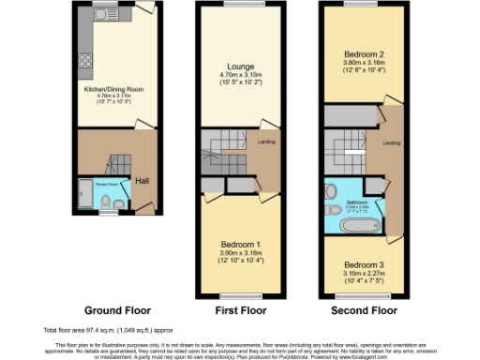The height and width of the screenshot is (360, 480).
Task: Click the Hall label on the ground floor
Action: click(142, 181)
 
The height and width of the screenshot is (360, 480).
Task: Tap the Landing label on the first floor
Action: click(265, 142)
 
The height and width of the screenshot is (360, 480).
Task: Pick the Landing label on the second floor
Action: click(391, 143)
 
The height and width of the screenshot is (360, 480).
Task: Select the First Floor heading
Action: click(239, 309)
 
